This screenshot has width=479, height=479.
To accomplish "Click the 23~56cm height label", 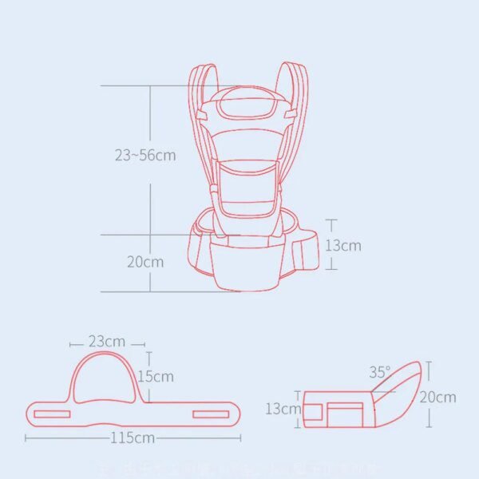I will [144, 155].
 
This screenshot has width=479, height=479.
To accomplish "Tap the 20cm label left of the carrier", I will [144, 262].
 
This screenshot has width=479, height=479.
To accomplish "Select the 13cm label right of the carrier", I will [342, 245].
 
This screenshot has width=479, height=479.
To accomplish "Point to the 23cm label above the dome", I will [105, 342].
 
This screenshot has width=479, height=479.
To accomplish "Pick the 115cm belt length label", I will [133, 437].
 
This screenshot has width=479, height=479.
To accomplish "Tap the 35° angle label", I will [380, 372].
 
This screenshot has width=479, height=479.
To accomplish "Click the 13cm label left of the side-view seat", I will [283, 409].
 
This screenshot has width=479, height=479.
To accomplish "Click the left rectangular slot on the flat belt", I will [57, 414].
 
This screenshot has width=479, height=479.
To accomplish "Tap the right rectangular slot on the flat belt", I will [209, 414].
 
